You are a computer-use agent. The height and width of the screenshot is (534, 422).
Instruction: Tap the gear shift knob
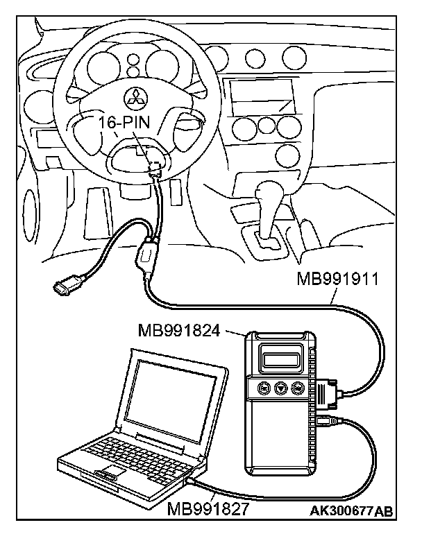268,191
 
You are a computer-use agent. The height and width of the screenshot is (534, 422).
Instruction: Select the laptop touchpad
110,475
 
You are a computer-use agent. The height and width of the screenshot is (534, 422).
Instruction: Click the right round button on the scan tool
298,388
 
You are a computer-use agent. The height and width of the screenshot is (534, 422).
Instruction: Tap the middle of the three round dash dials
266,126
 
